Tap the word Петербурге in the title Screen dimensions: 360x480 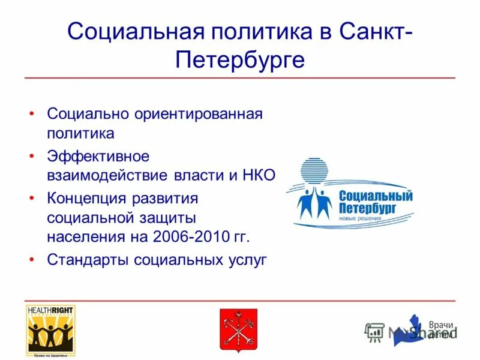click(x=240, y=60)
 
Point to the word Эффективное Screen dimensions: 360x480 click(x=98, y=156)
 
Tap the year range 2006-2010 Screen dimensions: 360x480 click(x=191, y=236)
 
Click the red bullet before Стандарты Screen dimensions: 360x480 click(x=32, y=260)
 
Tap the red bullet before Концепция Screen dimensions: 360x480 click(x=32, y=197)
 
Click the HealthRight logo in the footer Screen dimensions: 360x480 click(x=50, y=331)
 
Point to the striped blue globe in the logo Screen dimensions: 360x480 click(x=312, y=171)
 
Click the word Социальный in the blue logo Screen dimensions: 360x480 click(x=376, y=196)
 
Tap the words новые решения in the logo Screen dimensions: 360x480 click(x=360, y=218)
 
